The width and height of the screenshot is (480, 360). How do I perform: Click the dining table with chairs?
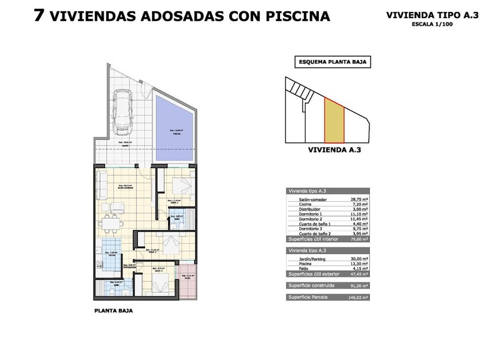point(112,222)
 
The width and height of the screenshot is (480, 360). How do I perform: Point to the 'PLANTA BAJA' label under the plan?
point(113,310)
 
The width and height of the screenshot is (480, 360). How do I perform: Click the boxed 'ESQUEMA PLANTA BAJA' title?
point(332,62)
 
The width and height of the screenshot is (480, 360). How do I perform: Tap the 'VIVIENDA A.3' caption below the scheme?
point(334,150)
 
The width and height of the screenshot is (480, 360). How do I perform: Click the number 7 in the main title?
point(39,16)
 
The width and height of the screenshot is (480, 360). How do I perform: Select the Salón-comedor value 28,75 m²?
point(359,199)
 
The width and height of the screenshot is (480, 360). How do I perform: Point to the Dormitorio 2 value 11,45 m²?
point(359,219)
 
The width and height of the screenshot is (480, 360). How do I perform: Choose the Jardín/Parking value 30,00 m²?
point(359,258)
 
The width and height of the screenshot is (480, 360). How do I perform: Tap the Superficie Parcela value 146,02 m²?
point(359,298)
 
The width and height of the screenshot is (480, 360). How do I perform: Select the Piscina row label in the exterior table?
point(299,263)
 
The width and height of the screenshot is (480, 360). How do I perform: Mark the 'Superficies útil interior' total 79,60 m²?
point(359,239)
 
